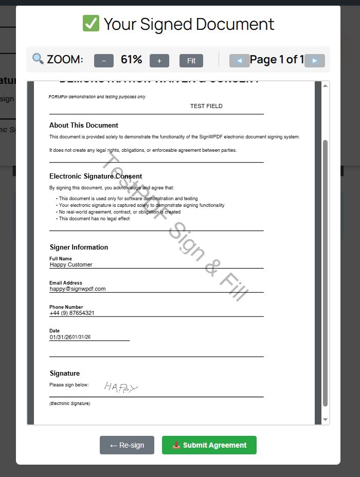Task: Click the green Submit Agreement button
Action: point(209,445)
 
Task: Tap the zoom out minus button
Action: point(104,61)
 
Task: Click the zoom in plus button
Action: point(159,61)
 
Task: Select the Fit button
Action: point(191,61)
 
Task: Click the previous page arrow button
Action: point(239,61)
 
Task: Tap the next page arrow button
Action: point(315,61)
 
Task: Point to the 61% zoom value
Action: point(131,60)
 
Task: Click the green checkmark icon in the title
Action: point(91,24)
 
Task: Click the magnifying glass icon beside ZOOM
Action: point(38,59)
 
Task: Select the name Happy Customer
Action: point(71,264)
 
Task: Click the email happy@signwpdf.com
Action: point(78,289)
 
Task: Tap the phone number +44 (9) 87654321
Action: point(72,313)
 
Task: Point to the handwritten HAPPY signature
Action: point(121,387)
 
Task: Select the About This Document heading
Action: point(84,125)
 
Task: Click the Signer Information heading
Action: point(79,247)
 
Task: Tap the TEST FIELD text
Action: point(206,106)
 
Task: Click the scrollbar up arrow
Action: point(325,85)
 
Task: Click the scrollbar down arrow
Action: point(325,420)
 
